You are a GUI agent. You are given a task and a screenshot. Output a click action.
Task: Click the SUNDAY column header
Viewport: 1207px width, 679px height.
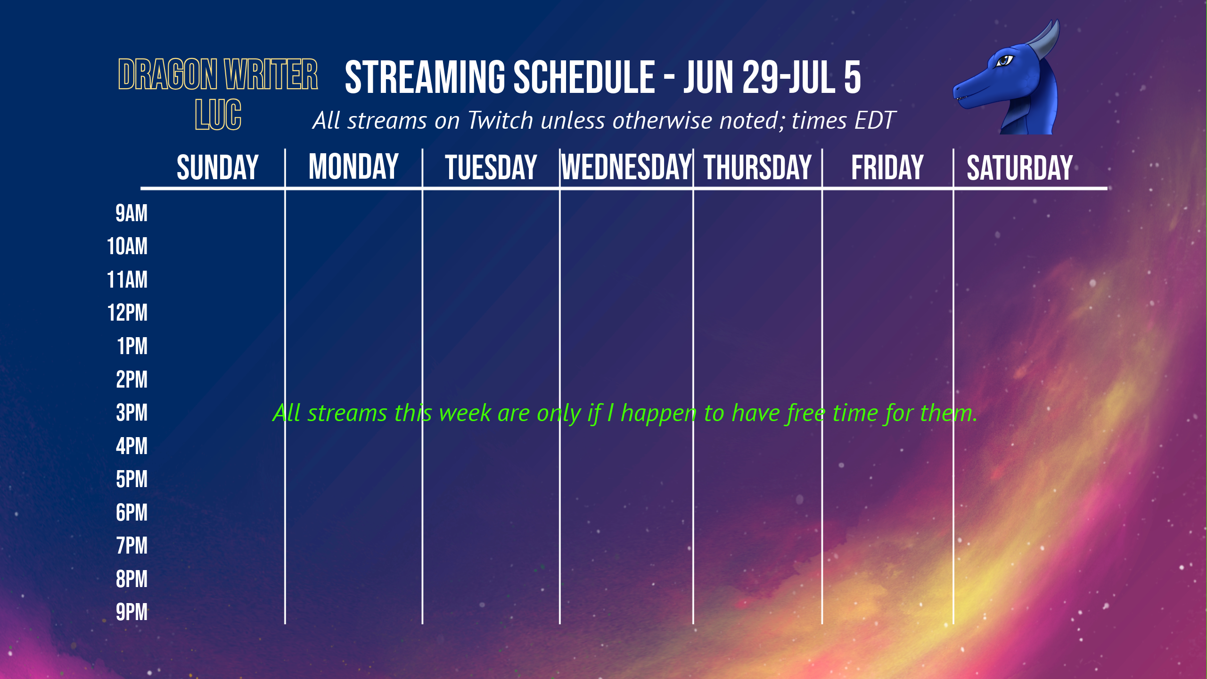click(218, 167)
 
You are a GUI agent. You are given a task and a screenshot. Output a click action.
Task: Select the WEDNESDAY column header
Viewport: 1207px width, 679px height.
click(626, 167)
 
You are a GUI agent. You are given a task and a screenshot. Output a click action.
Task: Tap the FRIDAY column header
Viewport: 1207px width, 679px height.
click(887, 167)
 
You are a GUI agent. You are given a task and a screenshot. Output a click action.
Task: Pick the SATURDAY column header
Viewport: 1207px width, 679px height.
click(1019, 168)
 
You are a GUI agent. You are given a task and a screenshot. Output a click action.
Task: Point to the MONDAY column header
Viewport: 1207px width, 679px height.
click(353, 167)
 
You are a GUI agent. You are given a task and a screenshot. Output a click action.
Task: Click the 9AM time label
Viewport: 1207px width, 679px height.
click(131, 213)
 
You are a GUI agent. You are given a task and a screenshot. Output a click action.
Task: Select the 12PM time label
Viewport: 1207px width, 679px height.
click(127, 313)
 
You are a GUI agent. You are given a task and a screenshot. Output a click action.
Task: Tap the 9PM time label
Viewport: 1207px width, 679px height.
click(131, 612)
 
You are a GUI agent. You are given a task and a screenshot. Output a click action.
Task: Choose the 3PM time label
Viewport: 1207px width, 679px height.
click(131, 413)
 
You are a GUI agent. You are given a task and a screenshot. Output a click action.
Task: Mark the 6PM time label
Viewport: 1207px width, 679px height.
click(131, 513)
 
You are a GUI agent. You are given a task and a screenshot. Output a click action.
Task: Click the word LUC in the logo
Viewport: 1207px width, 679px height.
click(218, 115)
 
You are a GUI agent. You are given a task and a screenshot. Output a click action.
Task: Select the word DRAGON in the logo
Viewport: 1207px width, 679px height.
click(168, 74)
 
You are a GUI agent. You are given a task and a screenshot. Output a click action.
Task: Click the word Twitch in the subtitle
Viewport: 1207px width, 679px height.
click(501, 120)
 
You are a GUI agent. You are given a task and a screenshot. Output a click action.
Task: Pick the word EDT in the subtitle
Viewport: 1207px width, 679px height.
click(875, 120)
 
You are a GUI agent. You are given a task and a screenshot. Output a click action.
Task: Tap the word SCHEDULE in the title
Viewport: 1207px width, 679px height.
click(584, 77)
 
